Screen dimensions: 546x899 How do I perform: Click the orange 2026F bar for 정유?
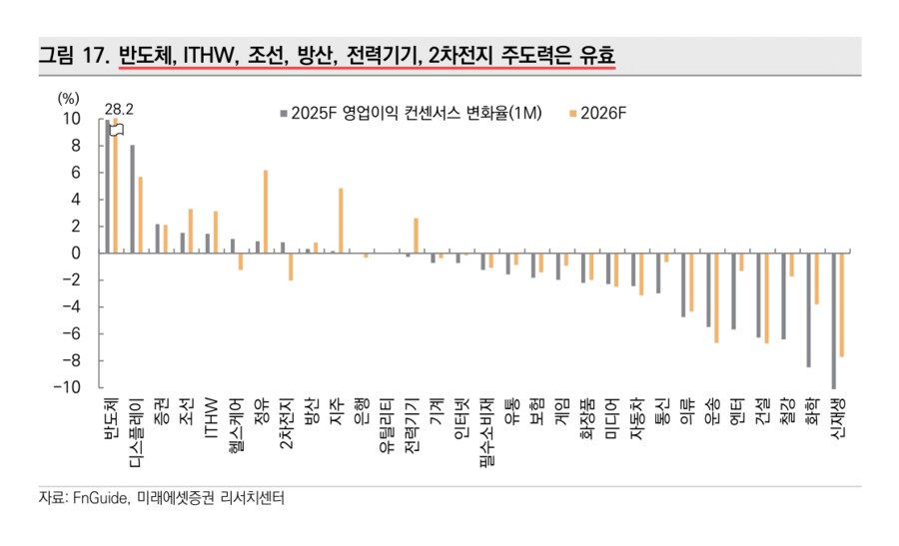click(x=265, y=212)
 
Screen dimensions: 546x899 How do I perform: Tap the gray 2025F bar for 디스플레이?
click(x=133, y=199)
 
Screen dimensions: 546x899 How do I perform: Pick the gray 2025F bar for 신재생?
click(x=833, y=320)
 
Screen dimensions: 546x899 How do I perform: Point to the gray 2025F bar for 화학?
click(x=808, y=309)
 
